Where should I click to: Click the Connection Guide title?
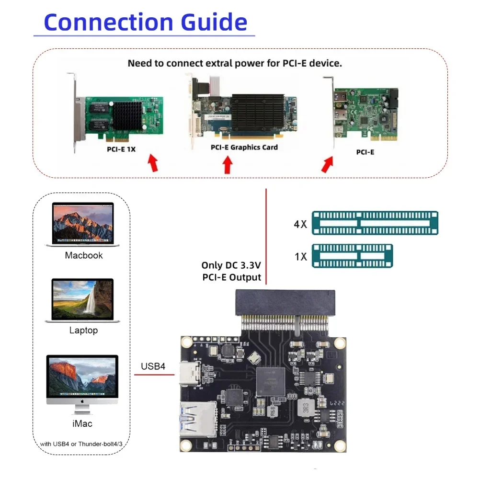pyautogui.click(x=145, y=23)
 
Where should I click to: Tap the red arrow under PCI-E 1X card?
pyautogui.click(x=153, y=163)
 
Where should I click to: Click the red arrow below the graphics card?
pyautogui.click(x=228, y=165)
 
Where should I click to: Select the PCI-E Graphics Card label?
pyautogui.click(x=244, y=147)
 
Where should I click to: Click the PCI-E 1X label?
pyautogui.click(x=121, y=149)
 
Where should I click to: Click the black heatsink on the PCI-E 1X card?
pyautogui.click(x=126, y=114)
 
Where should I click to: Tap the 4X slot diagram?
pyautogui.click(x=375, y=223)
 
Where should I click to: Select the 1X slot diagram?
pyautogui.click(x=352, y=256)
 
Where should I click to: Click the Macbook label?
pyautogui.click(x=84, y=255)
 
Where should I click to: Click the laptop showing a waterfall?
pyautogui.click(x=82, y=300)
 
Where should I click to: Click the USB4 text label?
pyautogui.click(x=153, y=366)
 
